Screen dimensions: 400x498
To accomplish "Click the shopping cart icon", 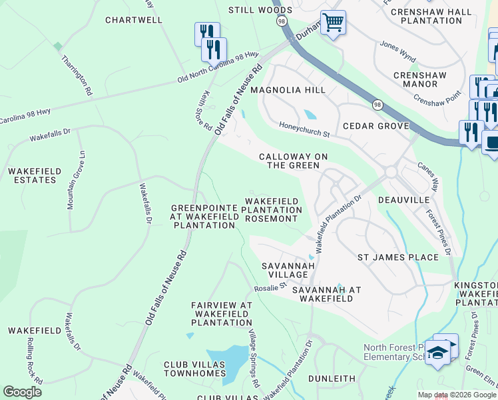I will (x=333, y=22).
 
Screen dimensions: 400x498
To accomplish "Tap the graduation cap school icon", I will (x=437, y=351).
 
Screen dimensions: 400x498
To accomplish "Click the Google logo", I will (x=22, y=391).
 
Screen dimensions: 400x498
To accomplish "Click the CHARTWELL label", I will (x=134, y=20).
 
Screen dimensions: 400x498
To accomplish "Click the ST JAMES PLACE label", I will (x=398, y=257).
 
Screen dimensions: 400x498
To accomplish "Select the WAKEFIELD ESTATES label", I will (x=31, y=176).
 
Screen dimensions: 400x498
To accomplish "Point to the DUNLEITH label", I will (x=332, y=379).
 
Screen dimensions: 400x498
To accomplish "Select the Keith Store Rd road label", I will (x=206, y=111).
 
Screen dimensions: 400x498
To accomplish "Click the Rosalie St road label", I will (x=270, y=287).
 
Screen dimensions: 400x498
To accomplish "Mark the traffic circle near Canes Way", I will (x=390, y=171).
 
